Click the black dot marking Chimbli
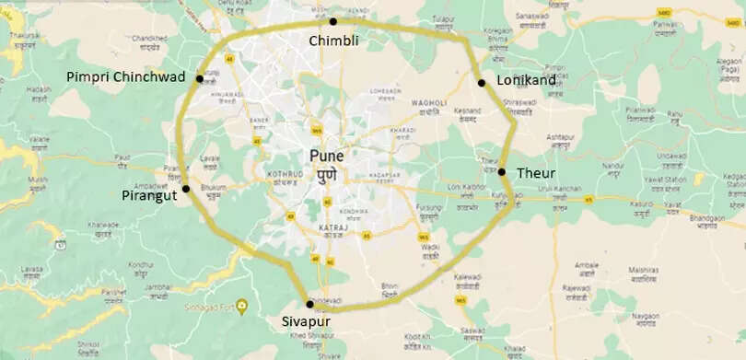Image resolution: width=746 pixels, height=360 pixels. [x=333, y=21]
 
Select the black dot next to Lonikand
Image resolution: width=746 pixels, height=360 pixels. [x=482, y=83]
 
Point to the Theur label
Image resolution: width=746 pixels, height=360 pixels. [x=535, y=172]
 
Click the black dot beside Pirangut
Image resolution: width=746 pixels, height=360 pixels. [x=186, y=189]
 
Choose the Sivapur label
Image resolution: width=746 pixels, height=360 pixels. [x=308, y=323]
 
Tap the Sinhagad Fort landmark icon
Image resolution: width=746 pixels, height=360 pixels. [x=241, y=305]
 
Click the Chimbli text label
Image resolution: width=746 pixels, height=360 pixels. [x=332, y=41]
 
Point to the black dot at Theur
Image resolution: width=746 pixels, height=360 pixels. [x=503, y=171]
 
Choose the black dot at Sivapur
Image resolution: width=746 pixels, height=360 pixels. [x=309, y=304]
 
